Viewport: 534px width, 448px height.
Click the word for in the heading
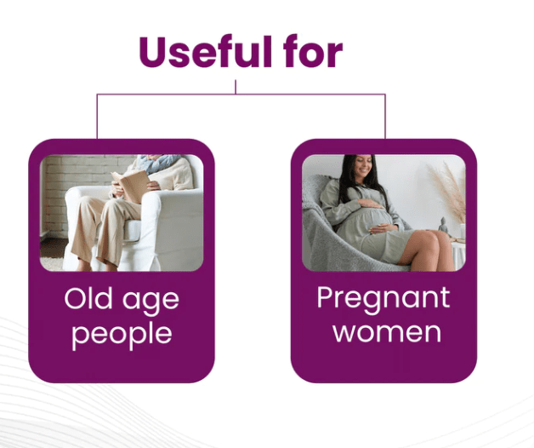point(313,51)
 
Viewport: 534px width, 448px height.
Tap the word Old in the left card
point(88,298)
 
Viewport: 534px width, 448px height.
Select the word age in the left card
point(151,302)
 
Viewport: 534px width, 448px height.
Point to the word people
point(122,335)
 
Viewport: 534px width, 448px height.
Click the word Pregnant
point(383,299)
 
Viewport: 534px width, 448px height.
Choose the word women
point(387,333)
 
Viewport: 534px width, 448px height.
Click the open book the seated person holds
point(131,186)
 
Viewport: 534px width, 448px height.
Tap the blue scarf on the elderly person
point(160,163)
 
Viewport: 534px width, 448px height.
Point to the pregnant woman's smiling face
point(363,166)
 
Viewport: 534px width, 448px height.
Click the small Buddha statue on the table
point(443,225)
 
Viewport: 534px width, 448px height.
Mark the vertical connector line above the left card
point(97,117)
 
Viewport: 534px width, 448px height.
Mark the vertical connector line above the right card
point(385,117)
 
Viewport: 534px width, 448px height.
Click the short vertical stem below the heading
point(236,87)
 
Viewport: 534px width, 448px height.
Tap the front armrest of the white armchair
point(150,225)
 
